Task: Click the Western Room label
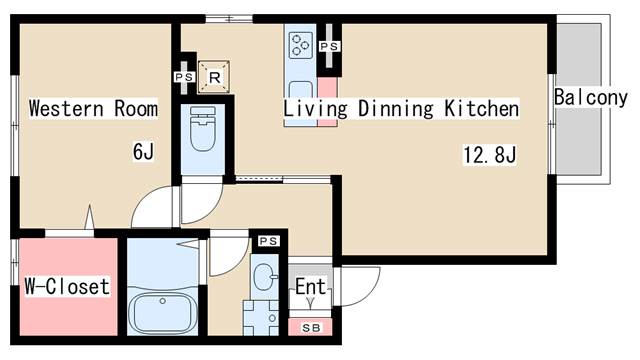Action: (93, 109)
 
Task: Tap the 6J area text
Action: (143, 151)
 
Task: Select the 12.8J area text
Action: (490, 155)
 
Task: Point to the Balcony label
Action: (591, 98)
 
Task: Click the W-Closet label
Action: (67, 286)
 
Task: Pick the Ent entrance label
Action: (310, 286)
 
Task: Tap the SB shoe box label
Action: (311, 328)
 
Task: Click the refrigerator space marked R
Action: (214, 77)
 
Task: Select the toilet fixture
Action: (203, 128)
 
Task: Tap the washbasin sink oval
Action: (264, 277)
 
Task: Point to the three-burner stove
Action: (301, 44)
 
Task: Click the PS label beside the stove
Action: (329, 47)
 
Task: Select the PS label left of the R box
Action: (184, 77)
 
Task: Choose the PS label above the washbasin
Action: (269, 241)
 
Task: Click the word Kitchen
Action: (482, 109)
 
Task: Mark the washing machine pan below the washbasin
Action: (260, 318)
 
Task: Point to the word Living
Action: (316, 109)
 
